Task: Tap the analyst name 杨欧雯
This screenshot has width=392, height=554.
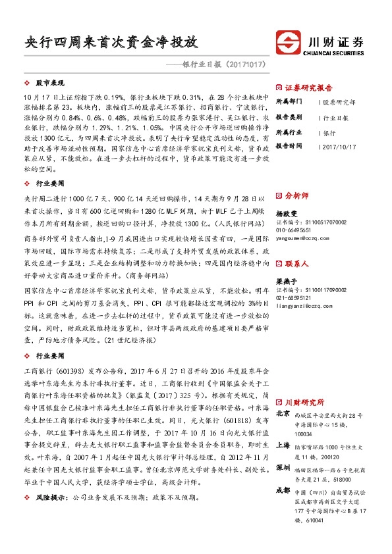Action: (285, 213)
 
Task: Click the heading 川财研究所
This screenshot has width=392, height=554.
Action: (304, 401)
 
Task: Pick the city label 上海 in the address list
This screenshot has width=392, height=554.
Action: (283, 444)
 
